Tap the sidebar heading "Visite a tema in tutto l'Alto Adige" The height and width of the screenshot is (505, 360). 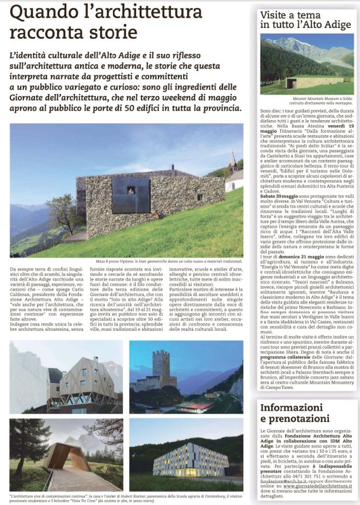(305, 19)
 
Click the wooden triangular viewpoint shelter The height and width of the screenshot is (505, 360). (59, 456)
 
